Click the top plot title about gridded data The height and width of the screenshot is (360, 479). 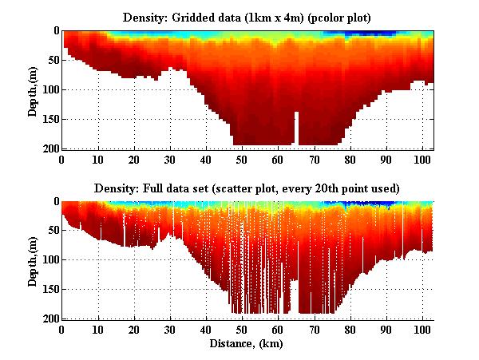[247, 17]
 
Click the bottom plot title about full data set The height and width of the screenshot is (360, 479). [247, 188]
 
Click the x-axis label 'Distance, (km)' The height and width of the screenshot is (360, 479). [247, 344]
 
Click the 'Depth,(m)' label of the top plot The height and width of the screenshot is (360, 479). [33, 89]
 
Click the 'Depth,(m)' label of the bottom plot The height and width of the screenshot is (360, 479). [33, 260]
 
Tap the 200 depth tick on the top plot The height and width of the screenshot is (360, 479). [49, 148]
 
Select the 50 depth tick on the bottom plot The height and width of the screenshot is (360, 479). [51, 231]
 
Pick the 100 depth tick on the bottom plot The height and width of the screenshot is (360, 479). [49, 260]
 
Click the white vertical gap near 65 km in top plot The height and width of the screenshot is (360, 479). [296, 128]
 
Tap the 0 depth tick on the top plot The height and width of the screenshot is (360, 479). [54, 30]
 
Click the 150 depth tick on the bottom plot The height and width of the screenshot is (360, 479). [49, 290]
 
